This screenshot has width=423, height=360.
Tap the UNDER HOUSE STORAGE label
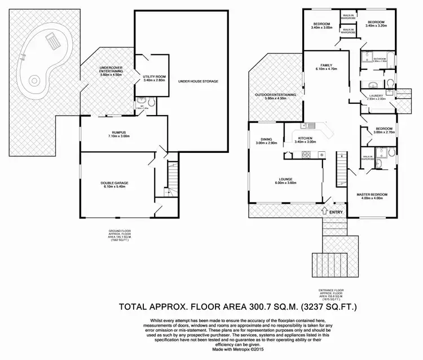(x=197, y=81)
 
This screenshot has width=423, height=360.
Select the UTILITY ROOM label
(x=153, y=78)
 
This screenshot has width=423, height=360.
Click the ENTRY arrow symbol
(x=323, y=212)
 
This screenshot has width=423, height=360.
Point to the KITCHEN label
(x=306, y=139)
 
